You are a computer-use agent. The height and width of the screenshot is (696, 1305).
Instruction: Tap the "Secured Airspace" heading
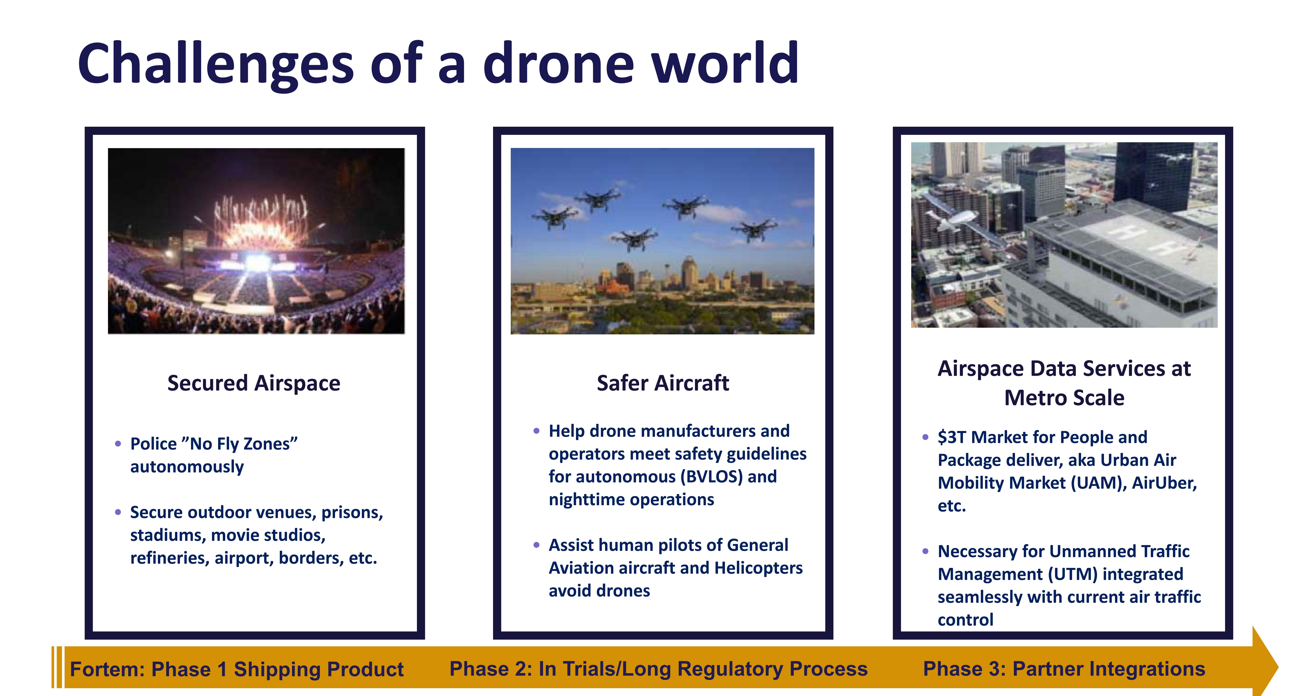(254, 383)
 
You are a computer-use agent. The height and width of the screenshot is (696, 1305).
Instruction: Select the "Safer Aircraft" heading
(663, 383)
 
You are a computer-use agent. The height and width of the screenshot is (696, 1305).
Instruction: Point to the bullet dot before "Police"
(118, 444)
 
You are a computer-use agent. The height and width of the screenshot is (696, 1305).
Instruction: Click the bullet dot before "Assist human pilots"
(537, 545)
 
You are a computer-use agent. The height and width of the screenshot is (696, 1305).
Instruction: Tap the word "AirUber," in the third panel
(1164, 483)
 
